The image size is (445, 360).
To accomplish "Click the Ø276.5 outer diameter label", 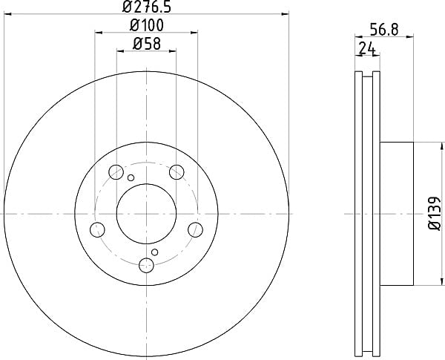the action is pyautogui.click(x=147, y=7).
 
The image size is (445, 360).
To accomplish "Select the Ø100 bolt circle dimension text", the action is pyautogui.click(x=147, y=25).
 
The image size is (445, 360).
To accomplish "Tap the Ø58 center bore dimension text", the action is pyautogui.click(x=147, y=44).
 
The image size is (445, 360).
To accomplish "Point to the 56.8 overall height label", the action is pyautogui.click(x=384, y=30).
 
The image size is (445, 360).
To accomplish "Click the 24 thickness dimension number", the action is pyautogui.click(x=367, y=48).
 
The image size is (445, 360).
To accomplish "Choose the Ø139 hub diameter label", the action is pyautogui.click(x=435, y=214).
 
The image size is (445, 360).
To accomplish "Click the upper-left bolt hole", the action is pyautogui.click(x=116, y=172).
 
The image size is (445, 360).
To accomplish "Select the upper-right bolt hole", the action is pyautogui.click(x=177, y=172).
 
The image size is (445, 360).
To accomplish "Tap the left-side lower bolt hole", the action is pyautogui.click(x=97, y=229).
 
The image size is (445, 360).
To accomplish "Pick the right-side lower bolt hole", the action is pyautogui.click(x=196, y=229).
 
